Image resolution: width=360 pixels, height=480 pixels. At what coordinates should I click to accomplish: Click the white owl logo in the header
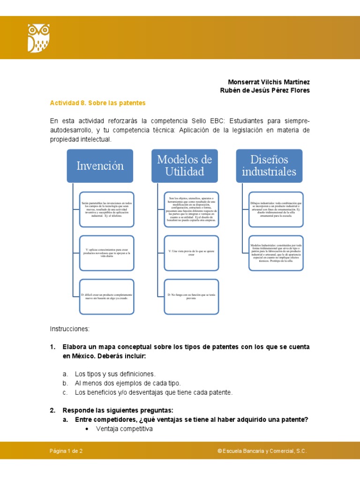(x=38, y=38)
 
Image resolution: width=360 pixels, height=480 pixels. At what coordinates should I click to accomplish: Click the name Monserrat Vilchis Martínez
(x=269, y=82)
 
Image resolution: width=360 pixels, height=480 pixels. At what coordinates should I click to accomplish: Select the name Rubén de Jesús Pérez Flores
(x=265, y=90)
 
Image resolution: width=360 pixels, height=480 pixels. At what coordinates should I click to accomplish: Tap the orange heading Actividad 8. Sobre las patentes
(x=98, y=103)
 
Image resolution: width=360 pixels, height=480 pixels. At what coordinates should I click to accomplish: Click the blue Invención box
(x=100, y=166)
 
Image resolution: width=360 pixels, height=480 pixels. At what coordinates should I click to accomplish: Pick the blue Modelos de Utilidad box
(x=184, y=166)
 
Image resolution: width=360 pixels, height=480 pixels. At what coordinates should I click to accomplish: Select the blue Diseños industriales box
(x=269, y=166)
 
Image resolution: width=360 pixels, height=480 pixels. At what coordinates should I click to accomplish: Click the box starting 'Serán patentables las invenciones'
(x=107, y=209)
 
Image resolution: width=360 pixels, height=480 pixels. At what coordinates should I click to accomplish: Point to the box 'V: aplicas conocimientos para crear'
(x=107, y=253)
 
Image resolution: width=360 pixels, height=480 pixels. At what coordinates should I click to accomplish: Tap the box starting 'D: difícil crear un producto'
(x=107, y=296)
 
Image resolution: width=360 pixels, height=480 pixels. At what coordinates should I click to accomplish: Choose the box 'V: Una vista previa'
(x=191, y=253)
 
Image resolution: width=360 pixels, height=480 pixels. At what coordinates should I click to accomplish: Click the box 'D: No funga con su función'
(x=191, y=296)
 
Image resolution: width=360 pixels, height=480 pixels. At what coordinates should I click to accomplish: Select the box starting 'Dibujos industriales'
(x=275, y=209)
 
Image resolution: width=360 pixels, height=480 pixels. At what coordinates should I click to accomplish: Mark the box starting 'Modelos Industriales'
(x=275, y=253)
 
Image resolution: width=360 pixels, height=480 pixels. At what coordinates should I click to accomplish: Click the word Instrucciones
(x=69, y=329)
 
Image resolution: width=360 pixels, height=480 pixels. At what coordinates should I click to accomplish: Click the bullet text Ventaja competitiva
(x=124, y=429)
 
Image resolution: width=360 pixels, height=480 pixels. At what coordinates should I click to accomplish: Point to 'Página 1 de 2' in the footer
(x=66, y=451)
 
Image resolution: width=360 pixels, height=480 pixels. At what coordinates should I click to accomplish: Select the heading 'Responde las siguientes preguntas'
(x=118, y=410)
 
